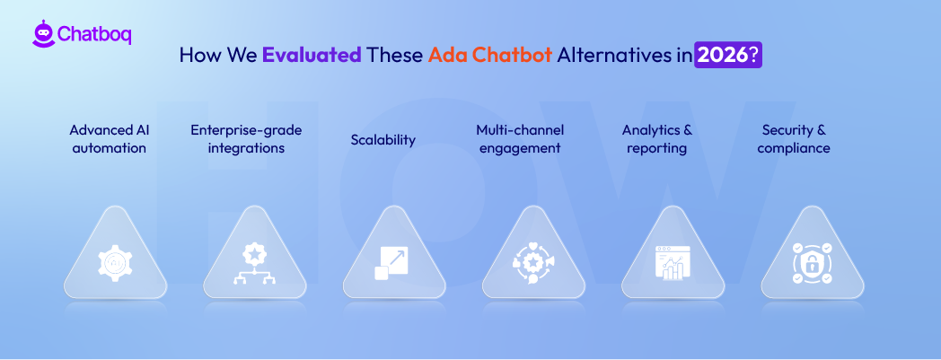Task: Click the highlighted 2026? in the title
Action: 728,55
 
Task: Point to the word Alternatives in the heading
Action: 617,55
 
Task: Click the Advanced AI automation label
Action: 109,139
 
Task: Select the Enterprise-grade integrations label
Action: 246,139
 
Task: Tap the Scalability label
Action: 383,139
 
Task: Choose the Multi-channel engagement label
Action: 519,139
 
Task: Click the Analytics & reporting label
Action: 656,139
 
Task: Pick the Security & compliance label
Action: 794,139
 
